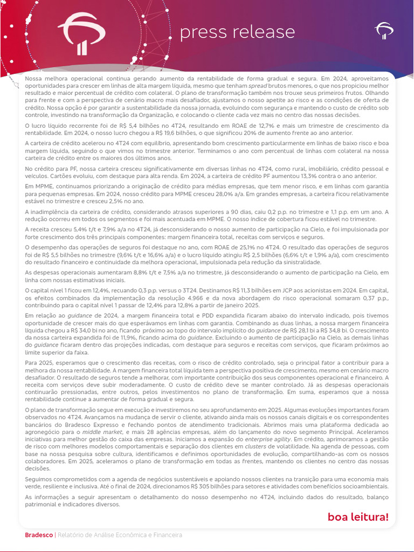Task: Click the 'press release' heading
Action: pyautogui.click(x=237, y=32)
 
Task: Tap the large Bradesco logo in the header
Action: pyautogui.click(x=81, y=33)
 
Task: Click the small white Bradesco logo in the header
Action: pyautogui.click(x=384, y=31)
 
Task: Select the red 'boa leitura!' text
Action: pyautogui.click(x=358, y=517)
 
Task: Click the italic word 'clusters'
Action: pyautogui.click(x=256, y=446)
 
